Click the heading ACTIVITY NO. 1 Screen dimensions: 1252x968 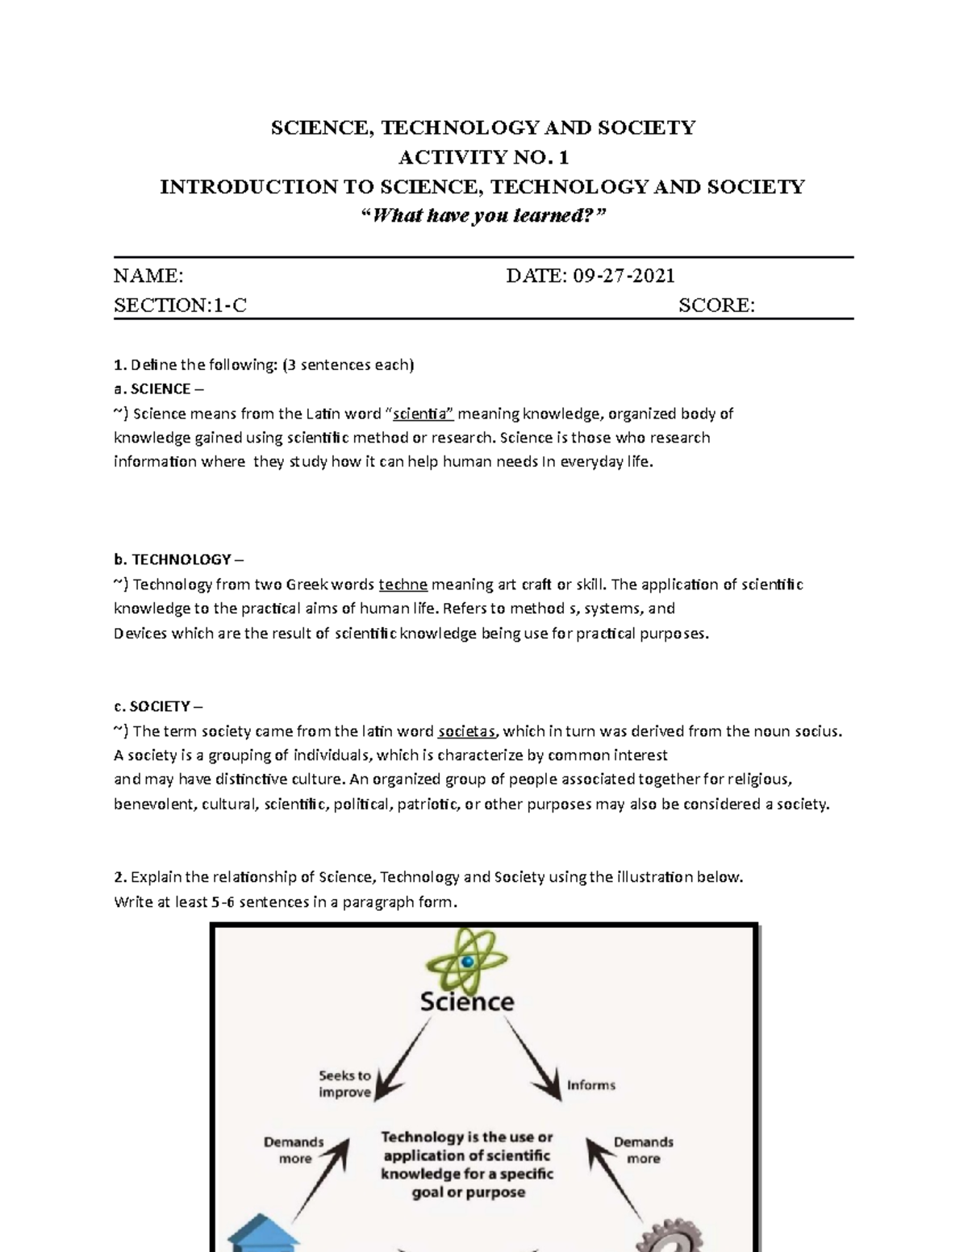pos(482,157)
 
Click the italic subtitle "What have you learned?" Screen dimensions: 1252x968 pos(482,216)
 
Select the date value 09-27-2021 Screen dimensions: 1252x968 pos(624,276)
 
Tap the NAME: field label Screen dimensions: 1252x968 pos(148,276)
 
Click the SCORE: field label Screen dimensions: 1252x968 pos(716,306)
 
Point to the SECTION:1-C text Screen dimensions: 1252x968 pos(180,306)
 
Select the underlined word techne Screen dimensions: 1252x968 pos(403,584)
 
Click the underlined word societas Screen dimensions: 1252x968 pos(467,731)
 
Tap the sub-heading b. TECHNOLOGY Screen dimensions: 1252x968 pos(177,559)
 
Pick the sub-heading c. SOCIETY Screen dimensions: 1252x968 pos(152,706)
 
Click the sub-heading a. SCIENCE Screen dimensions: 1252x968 pos(152,389)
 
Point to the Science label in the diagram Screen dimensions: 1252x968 pos(466,1002)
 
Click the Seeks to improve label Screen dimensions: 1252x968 pos(344,1084)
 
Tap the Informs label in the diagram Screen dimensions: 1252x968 pos(590,1085)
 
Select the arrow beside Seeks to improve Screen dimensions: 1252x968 pos(403,1059)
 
